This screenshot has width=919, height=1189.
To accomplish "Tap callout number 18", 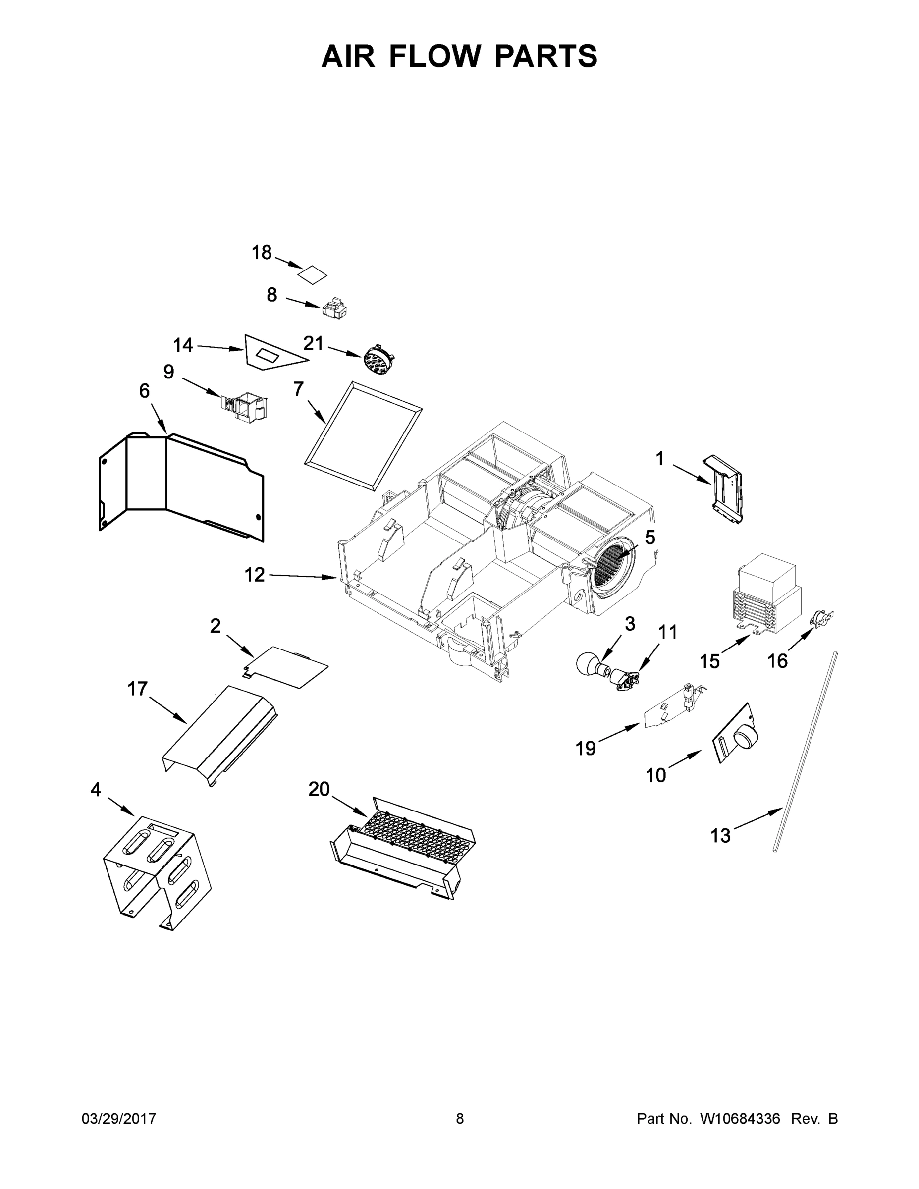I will coord(261,253).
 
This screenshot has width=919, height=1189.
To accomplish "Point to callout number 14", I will coord(183,345).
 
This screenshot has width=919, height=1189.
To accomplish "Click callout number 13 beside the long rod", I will coord(720,835).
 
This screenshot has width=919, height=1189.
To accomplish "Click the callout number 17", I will coord(137,689).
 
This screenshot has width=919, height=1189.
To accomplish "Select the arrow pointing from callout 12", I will coord(303,577).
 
